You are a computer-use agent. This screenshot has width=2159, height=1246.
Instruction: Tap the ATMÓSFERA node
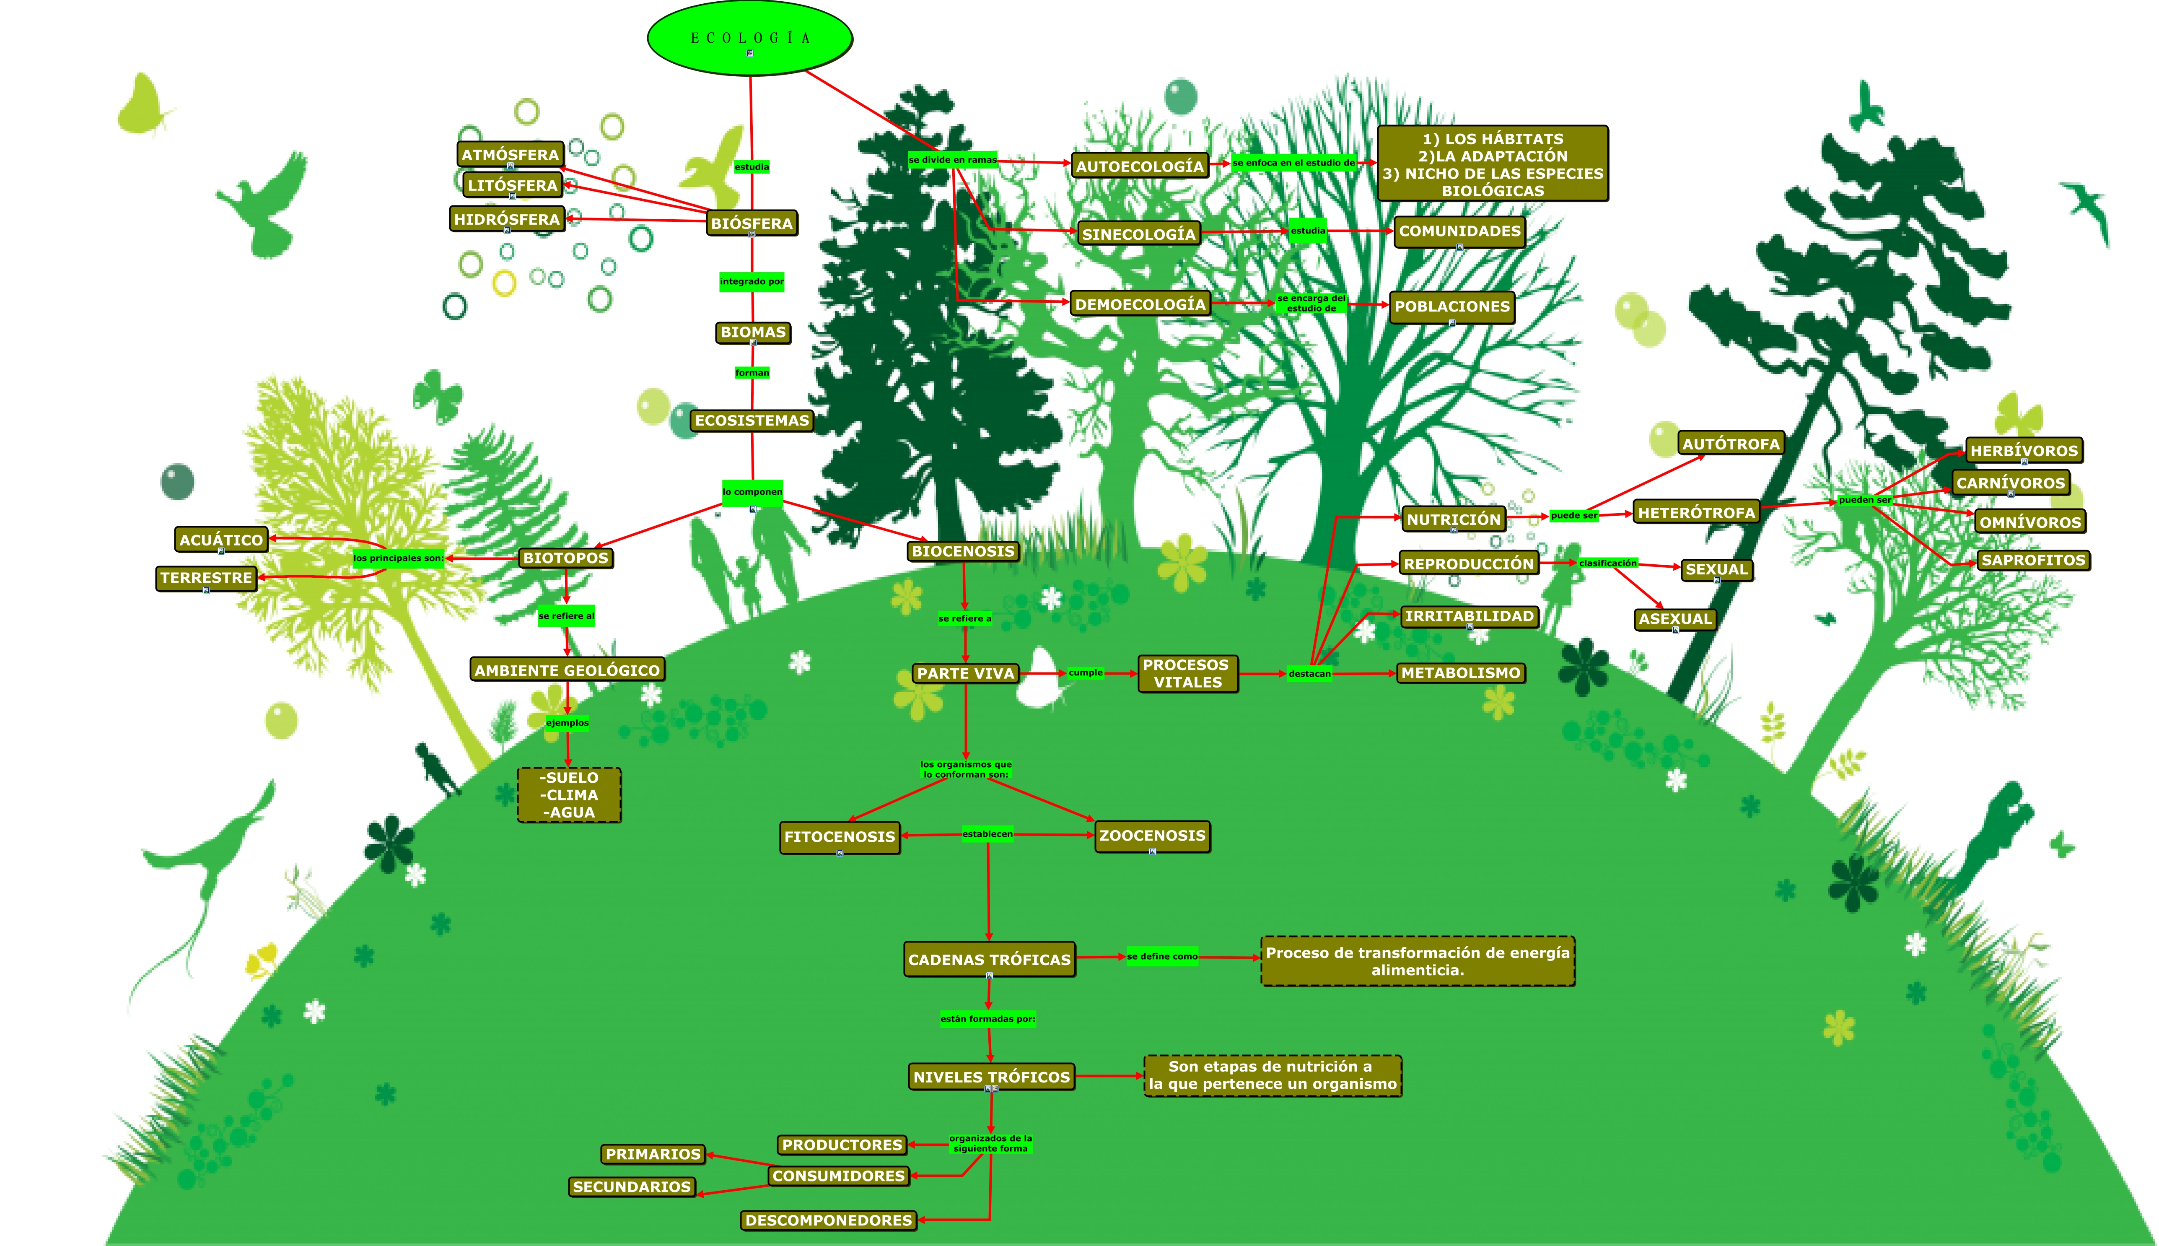[510, 155]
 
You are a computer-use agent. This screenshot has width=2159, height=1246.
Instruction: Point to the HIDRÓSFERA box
[506, 219]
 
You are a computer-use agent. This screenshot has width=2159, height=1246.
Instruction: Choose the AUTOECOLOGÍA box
[1139, 166]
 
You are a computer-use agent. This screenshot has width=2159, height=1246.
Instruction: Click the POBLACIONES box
[1451, 306]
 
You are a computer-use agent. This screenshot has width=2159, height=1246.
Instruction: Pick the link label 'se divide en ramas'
[952, 160]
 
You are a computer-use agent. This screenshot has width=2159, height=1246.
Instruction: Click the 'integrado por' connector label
[752, 282]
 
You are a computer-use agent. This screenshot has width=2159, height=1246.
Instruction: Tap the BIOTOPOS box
[565, 558]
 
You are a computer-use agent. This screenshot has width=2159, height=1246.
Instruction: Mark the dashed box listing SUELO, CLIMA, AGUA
[569, 795]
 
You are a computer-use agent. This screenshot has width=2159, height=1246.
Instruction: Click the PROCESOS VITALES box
[1187, 673]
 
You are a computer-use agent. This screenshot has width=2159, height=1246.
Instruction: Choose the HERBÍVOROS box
[2023, 450]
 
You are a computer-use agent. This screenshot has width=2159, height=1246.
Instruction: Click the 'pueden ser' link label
[1865, 500]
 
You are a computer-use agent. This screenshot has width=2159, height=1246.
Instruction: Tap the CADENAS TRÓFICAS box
[989, 959]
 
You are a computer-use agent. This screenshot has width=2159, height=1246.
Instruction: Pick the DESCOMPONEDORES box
[828, 1220]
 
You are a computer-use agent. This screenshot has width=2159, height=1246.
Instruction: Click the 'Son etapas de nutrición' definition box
[1272, 1076]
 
